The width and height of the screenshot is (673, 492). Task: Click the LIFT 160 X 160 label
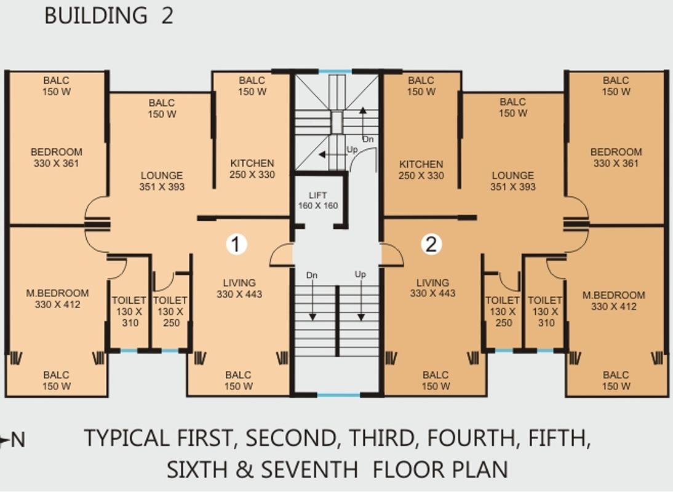point(317,200)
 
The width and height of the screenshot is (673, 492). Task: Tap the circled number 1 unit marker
point(236,244)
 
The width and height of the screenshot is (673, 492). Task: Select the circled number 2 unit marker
point(431,244)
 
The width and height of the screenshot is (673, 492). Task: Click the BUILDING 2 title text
point(109,16)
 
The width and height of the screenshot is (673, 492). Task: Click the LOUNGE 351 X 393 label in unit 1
point(162,181)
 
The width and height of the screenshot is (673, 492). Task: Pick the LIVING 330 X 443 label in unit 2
point(432,288)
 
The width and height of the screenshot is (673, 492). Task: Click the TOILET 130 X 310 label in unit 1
point(129,311)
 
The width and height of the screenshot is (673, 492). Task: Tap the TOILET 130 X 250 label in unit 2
point(503,311)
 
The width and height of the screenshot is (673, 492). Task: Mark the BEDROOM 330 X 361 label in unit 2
point(616,157)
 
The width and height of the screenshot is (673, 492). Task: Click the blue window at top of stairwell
point(335,71)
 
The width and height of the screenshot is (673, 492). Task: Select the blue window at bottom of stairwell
point(338,395)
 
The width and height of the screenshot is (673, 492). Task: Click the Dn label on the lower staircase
point(312,275)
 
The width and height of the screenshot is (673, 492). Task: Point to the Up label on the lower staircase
point(360,274)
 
